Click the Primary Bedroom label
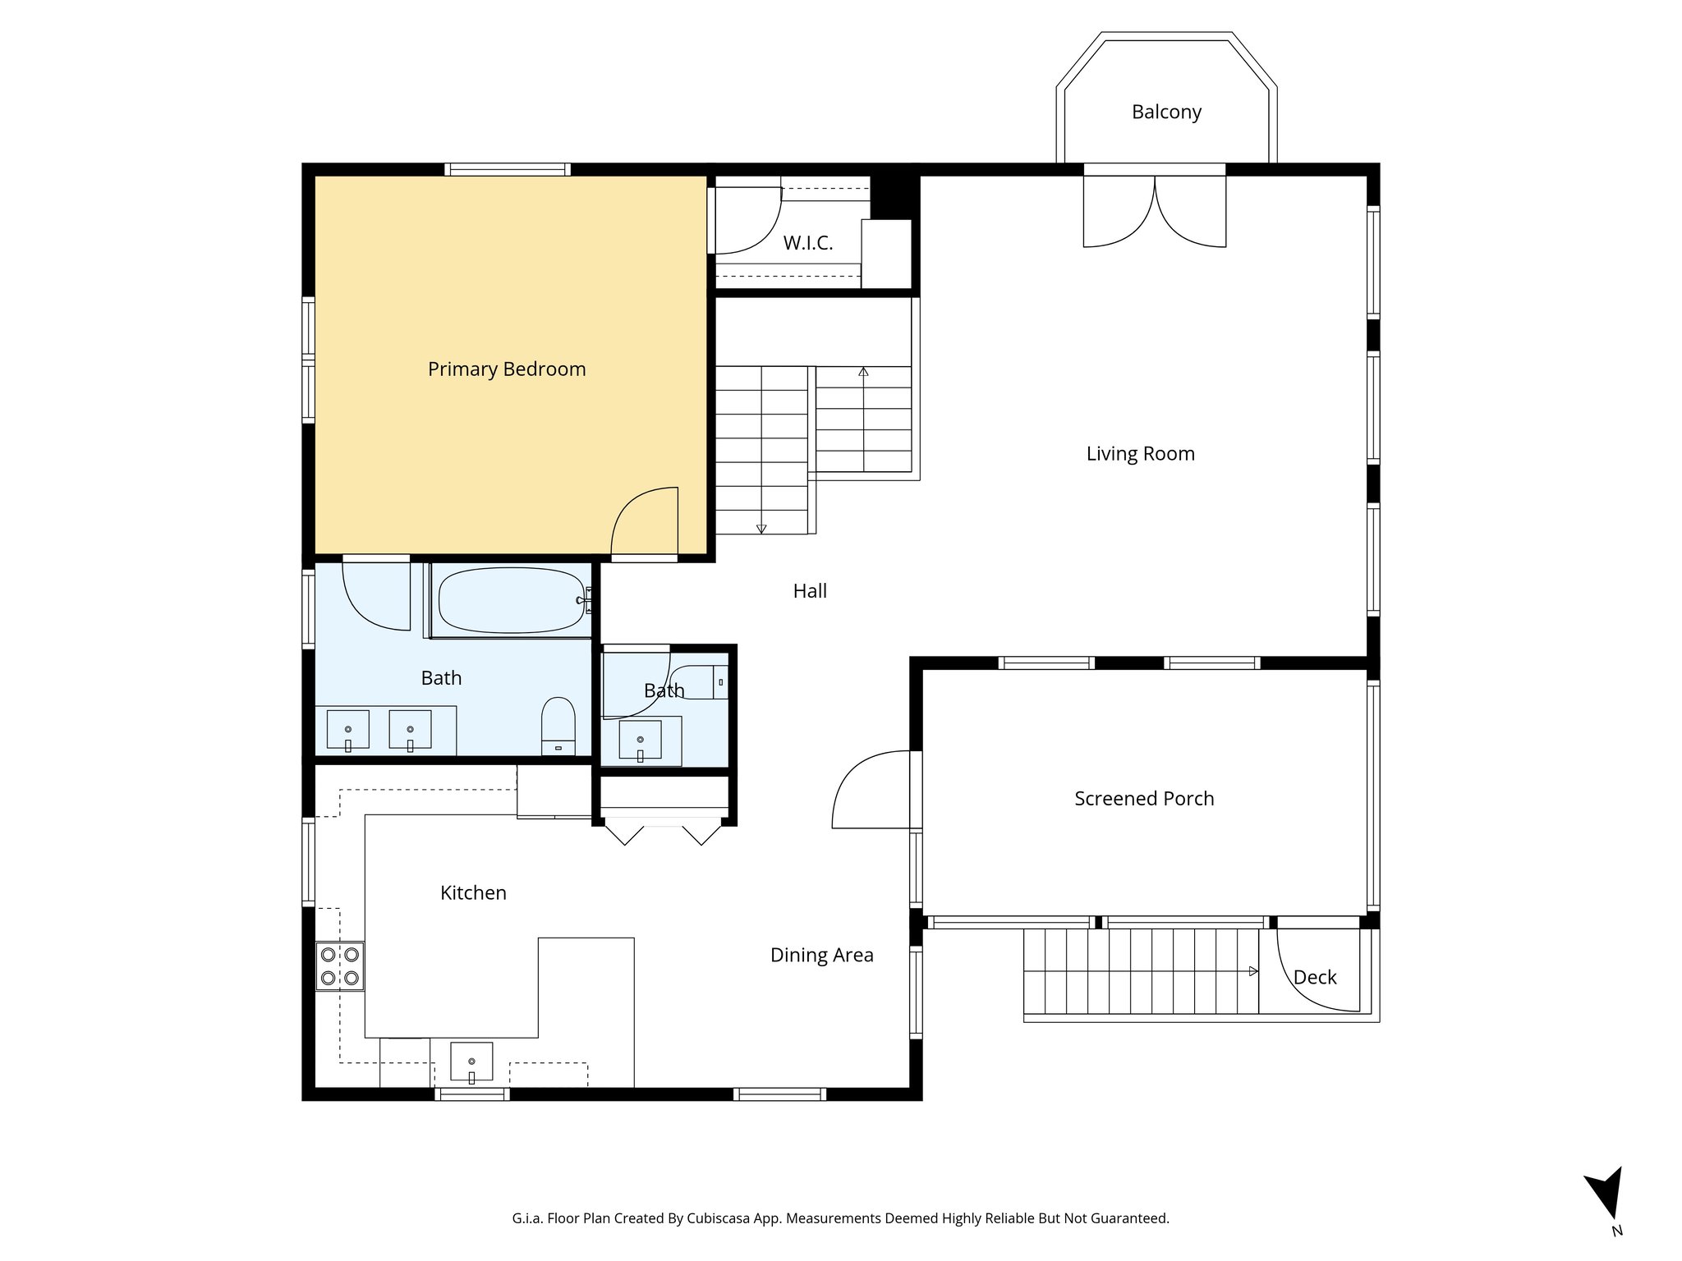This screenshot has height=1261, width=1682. click(507, 369)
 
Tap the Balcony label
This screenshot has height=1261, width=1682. click(1166, 112)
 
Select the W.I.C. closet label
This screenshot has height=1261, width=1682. click(808, 243)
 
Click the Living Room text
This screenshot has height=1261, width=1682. click(1140, 454)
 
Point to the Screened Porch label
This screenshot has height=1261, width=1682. click(1144, 799)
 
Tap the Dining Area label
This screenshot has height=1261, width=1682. click(821, 956)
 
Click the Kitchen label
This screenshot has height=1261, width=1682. click(473, 893)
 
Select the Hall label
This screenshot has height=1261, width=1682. click(810, 591)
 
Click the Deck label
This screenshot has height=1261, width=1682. click(1315, 978)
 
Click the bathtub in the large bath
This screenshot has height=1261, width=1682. click(511, 601)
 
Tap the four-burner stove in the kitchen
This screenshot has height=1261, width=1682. click(340, 966)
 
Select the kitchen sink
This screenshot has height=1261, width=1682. click(471, 1062)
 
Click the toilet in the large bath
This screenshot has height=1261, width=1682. click(558, 725)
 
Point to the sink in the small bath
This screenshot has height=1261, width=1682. click(640, 740)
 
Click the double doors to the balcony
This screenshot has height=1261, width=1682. click(1155, 212)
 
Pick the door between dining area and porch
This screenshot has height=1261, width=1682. click(872, 790)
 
